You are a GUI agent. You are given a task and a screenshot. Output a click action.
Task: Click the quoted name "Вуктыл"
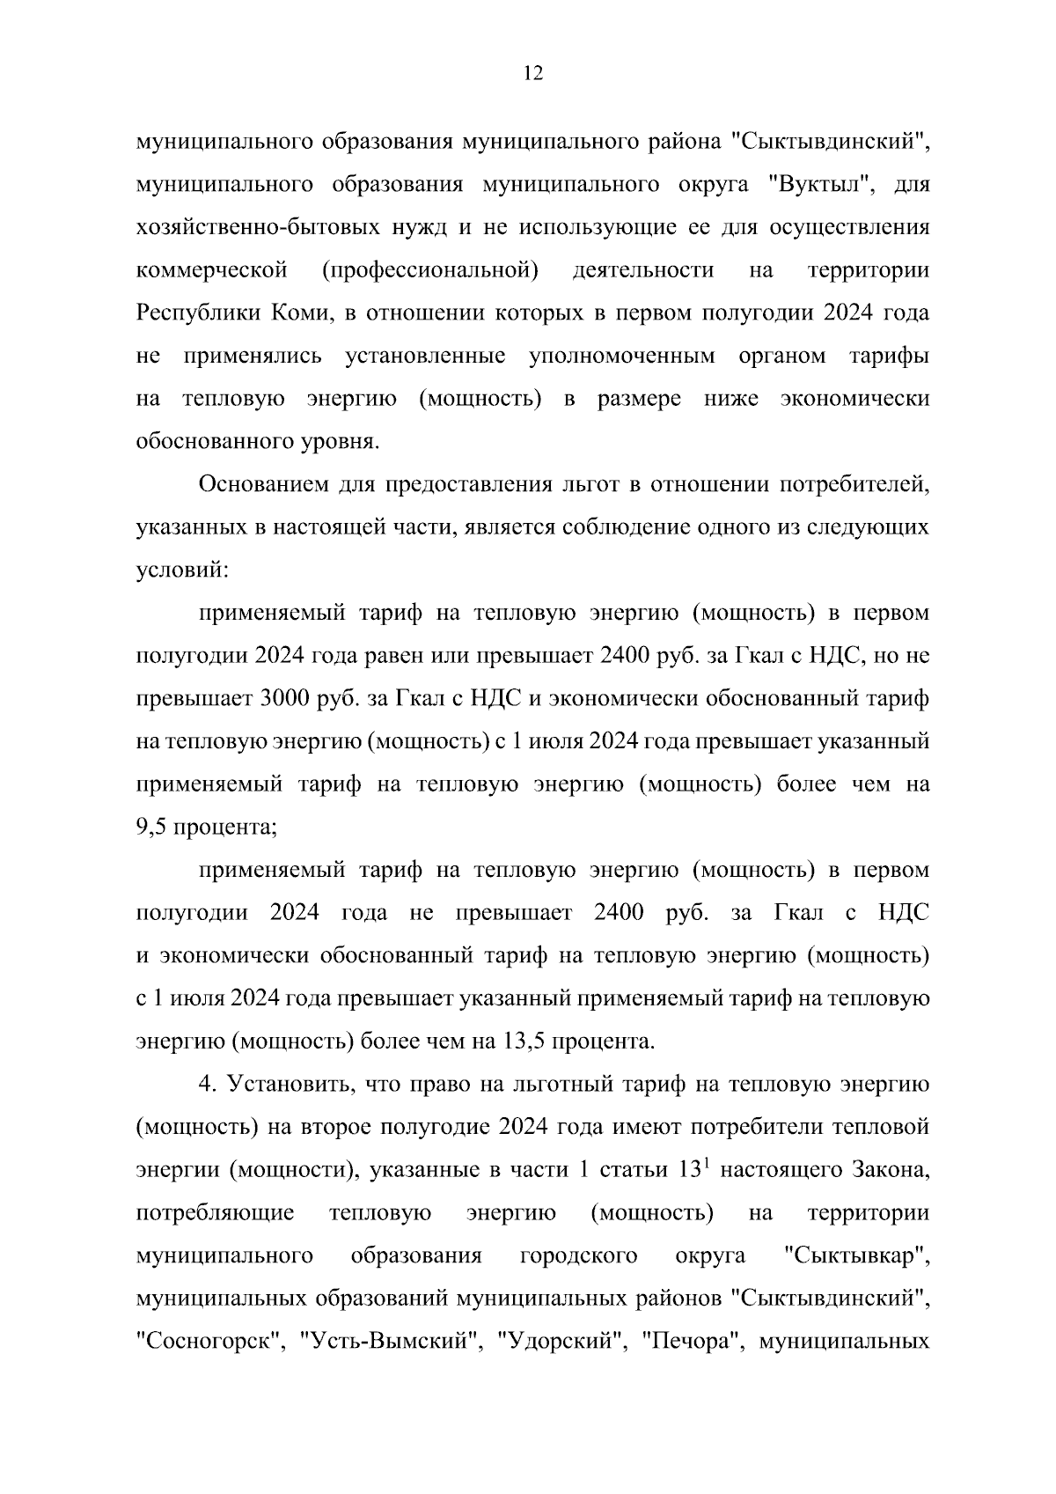tap(819, 185)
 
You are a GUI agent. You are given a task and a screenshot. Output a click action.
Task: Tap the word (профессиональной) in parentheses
tap(430, 270)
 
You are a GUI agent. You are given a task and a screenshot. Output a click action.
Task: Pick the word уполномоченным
tap(622, 356)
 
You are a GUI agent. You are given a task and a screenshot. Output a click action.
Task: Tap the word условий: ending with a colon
tap(182, 570)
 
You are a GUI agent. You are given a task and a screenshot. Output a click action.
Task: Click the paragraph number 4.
tap(207, 1085)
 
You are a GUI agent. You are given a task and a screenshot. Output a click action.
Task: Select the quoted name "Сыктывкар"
tap(856, 1255)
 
